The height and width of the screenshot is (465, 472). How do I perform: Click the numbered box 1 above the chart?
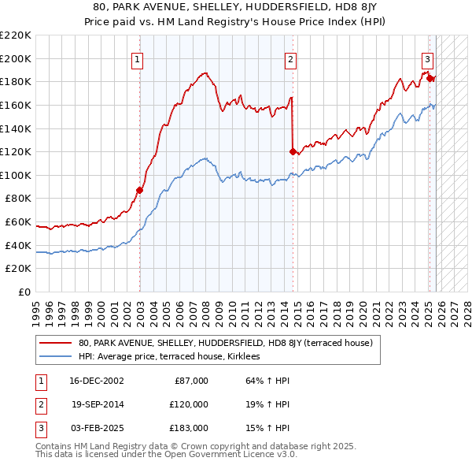tap(138, 58)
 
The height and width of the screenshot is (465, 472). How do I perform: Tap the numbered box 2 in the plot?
tap(290, 58)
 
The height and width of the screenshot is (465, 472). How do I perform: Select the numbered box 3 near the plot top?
tap(427, 58)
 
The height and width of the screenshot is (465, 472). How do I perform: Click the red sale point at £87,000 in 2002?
tap(139, 190)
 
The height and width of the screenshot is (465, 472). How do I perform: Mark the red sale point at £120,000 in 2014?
tap(293, 151)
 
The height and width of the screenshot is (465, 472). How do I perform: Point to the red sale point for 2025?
tap(430, 77)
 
